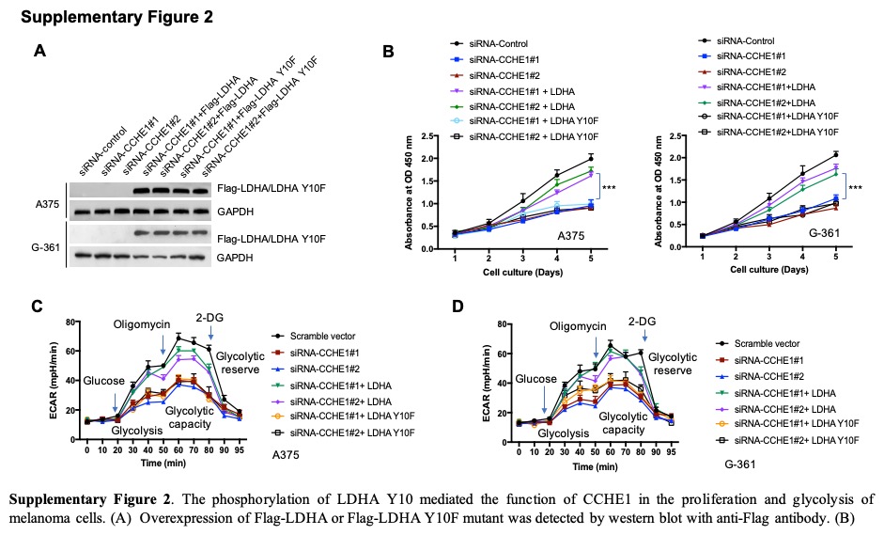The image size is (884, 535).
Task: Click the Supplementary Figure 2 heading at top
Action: point(116,17)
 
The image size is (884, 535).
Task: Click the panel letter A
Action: point(39,51)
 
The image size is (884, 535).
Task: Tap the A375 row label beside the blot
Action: point(47,204)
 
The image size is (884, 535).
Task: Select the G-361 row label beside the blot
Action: point(45,247)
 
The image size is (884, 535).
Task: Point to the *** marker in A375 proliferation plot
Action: point(609,187)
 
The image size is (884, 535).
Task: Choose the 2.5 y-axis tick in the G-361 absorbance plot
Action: point(677,135)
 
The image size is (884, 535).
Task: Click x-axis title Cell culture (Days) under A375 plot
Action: point(522,273)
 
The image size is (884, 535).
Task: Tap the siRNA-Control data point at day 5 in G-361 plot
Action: point(835,154)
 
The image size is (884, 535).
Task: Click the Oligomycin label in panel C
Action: point(142,324)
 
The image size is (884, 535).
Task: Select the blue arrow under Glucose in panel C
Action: point(115,401)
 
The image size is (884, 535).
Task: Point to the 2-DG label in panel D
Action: point(643,322)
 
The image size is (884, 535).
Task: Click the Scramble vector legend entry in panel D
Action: point(767,343)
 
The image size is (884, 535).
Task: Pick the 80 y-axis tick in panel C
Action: point(70,322)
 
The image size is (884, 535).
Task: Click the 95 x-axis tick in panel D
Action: point(671,452)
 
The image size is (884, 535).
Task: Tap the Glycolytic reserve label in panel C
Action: point(240,363)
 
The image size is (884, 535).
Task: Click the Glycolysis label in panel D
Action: point(564,433)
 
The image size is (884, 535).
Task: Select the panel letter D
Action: point(458,307)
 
